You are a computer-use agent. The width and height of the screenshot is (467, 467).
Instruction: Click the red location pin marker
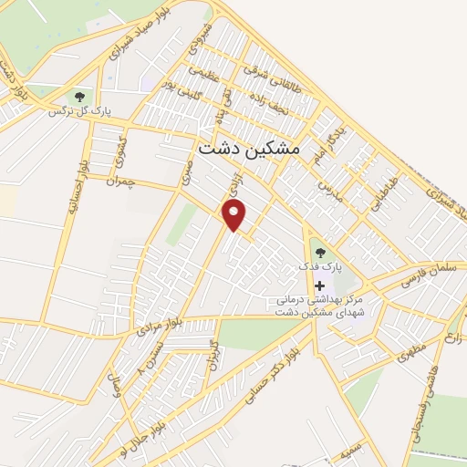(235, 215)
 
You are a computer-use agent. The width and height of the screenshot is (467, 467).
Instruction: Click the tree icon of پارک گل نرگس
(80, 95)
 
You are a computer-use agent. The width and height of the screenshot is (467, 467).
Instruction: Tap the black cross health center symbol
(319, 286)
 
